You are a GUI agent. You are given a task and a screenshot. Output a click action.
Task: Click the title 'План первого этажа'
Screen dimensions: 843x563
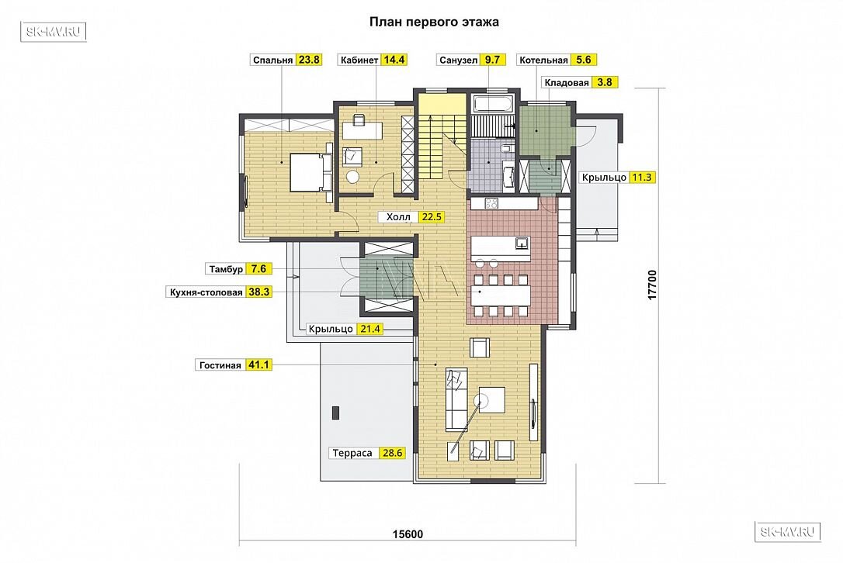434,22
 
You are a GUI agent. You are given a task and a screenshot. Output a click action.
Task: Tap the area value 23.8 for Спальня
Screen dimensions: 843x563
309,60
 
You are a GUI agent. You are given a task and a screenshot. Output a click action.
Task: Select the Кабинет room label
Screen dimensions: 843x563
359,60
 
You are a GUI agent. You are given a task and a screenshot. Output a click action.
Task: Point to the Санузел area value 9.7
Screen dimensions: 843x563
492,60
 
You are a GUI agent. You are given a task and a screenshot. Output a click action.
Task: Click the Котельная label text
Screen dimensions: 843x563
543,60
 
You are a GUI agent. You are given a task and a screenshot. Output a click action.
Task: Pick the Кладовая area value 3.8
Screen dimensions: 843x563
605,82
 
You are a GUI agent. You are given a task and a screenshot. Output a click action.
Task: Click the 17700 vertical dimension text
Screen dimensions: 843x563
652,285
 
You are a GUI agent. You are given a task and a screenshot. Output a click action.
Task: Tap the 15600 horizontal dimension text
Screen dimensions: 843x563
408,534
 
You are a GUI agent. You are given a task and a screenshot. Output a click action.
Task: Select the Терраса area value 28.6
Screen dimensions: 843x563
393,453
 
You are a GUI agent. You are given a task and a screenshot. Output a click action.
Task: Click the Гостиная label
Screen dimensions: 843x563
220,365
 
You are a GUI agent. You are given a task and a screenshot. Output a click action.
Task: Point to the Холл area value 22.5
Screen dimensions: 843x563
432,217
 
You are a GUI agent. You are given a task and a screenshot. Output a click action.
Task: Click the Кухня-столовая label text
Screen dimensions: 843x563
206,292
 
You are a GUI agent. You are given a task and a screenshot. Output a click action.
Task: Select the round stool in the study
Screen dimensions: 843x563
352,176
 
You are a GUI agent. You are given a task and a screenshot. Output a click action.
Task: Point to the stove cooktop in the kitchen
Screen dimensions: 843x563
491,203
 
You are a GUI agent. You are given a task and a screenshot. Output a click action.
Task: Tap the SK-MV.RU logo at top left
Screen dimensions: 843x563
54,32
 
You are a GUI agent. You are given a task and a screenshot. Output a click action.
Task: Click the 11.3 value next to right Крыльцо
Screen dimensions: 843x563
642,178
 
